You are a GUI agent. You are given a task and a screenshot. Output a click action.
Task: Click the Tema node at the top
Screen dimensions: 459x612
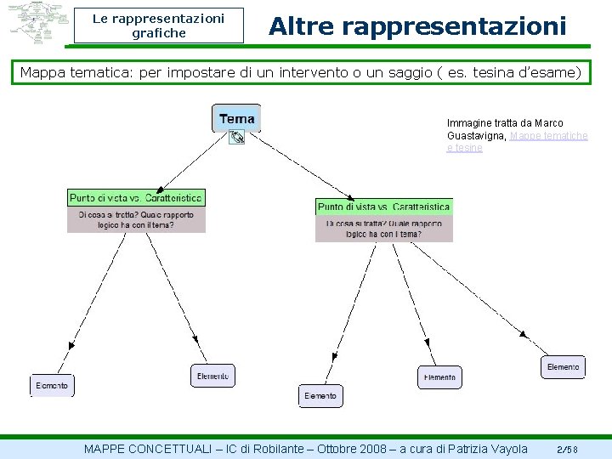click(x=236, y=118)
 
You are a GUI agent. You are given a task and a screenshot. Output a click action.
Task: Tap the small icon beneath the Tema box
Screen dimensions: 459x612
click(x=237, y=136)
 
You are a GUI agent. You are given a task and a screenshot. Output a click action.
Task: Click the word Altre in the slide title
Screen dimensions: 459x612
click(x=297, y=26)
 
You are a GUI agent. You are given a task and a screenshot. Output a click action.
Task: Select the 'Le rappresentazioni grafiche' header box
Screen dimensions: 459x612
click(x=158, y=25)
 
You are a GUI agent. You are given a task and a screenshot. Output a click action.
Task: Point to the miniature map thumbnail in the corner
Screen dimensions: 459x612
click(x=37, y=23)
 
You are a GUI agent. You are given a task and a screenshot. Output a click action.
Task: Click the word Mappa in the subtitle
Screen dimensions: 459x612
click(x=42, y=72)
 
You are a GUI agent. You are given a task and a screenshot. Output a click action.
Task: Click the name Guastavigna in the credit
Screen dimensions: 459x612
click(x=476, y=136)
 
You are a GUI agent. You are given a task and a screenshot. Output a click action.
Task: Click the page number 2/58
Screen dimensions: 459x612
click(x=567, y=449)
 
